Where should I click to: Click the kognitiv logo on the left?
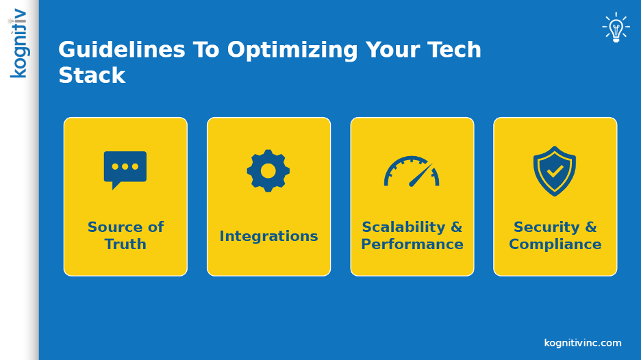(19, 43)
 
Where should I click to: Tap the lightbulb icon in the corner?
(616, 28)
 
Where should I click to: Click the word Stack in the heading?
(92, 75)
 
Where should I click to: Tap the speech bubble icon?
(125, 169)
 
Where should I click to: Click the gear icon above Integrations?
(268, 170)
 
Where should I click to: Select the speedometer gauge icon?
(412, 172)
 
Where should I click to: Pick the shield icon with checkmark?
(555, 170)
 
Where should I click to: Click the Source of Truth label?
(125, 235)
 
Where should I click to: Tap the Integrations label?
(268, 236)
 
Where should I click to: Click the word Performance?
(412, 244)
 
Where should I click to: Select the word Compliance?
(555, 244)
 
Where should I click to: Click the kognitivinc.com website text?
(583, 343)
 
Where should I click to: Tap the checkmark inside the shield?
(555, 170)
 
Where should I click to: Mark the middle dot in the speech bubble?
(125, 166)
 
